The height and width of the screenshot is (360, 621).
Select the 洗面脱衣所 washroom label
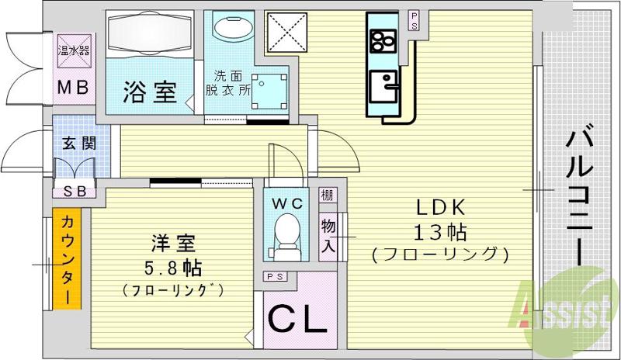(x=234, y=83)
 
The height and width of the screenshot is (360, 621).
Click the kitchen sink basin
(x=384, y=81)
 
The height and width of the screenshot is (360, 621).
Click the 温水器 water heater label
(x=74, y=52)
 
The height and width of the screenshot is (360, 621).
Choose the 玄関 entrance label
(x=75, y=143)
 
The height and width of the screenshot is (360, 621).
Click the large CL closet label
(x=297, y=320)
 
